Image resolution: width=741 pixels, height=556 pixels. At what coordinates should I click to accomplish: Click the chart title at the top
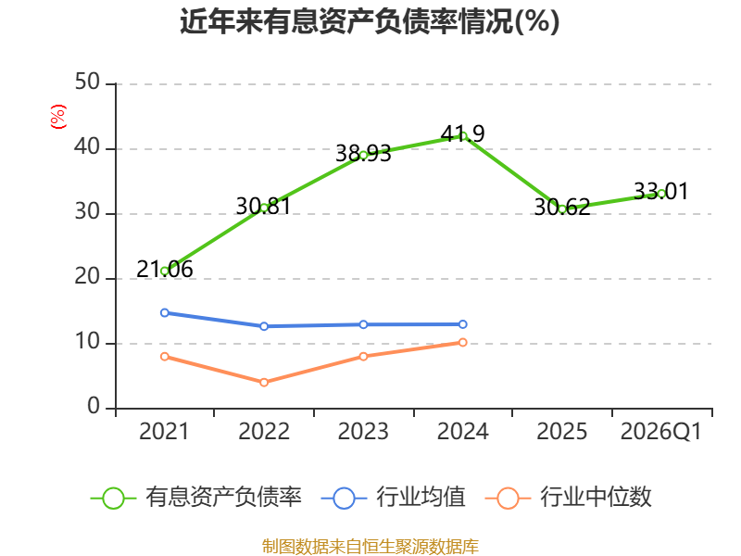click(x=370, y=21)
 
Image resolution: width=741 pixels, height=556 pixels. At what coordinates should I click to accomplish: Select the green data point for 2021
click(x=165, y=272)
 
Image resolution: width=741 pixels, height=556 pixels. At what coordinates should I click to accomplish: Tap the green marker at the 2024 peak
click(x=463, y=136)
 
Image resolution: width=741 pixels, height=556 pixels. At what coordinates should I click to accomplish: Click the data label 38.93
click(x=363, y=154)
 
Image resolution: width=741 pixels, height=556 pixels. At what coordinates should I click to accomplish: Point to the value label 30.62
click(x=562, y=207)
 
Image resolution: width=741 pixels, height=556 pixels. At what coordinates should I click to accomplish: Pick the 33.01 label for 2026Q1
click(x=661, y=191)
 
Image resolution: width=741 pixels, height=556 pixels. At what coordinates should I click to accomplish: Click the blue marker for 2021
click(x=165, y=312)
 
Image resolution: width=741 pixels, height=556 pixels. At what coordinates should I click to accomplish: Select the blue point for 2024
click(x=463, y=324)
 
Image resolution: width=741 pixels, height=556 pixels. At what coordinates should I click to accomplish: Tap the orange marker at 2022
click(x=264, y=382)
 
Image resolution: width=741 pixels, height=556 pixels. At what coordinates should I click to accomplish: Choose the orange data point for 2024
click(x=463, y=342)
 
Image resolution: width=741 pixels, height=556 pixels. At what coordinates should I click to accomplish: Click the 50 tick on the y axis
click(x=87, y=82)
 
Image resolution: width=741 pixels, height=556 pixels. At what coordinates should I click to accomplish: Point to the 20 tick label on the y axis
click(x=87, y=277)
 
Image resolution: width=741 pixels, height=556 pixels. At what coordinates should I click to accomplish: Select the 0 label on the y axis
click(x=94, y=407)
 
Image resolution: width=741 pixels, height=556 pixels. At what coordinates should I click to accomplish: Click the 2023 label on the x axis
click(x=363, y=432)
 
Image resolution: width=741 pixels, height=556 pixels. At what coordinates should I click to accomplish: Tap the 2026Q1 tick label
click(x=661, y=432)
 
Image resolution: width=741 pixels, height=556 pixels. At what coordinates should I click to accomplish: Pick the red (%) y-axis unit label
click(x=58, y=117)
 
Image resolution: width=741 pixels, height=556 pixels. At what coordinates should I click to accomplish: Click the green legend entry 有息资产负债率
click(x=196, y=498)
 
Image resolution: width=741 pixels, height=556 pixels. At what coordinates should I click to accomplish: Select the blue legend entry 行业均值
click(x=393, y=498)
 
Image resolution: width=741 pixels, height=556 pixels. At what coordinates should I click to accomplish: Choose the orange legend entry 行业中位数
click(x=569, y=498)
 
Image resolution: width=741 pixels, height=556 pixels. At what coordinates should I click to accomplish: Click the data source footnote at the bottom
click(x=370, y=547)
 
